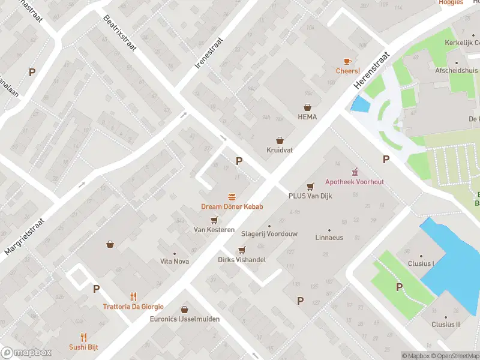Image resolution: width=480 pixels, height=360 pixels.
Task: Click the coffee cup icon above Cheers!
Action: click(347, 61)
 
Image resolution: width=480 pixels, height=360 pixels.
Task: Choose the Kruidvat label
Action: click(280, 150)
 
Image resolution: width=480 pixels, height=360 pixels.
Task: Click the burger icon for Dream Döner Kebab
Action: click(232, 197)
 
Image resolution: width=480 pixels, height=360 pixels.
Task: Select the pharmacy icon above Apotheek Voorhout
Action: click(354, 172)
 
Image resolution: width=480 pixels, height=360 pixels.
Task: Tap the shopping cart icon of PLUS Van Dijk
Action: click(310, 186)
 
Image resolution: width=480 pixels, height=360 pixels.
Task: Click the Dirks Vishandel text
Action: click(241, 260)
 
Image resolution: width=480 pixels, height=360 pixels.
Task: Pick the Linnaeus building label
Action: click(329, 238)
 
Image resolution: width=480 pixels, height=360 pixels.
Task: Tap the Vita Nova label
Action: click(175, 261)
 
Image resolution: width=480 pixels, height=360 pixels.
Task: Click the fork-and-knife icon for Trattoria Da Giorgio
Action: click(133, 296)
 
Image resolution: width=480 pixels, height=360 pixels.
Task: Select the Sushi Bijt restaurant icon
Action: click(83, 337)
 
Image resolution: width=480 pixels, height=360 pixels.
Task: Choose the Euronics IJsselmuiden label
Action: click(184, 319)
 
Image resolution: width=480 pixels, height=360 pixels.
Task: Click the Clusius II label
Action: click(445, 324)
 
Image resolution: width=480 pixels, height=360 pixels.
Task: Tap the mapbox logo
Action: click(26, 353)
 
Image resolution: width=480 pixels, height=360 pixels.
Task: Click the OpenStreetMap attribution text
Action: click(455, 356)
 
